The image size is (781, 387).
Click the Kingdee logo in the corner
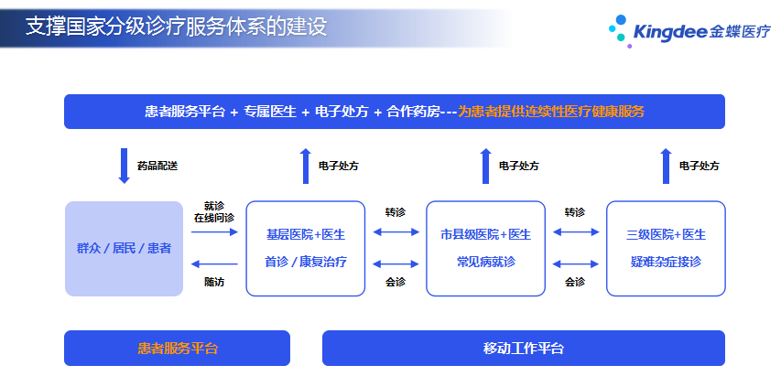pyautogui.click(x=689, y=31)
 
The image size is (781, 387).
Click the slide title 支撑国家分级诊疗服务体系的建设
pyautogui.click(x=177, y=27)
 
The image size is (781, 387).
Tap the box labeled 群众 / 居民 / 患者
pyautogui.click(x=124, y=249)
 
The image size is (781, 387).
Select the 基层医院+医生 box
pyautogui.click(x=306, y=249)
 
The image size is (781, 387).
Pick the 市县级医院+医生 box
pyautogui.click(x=485, y=249)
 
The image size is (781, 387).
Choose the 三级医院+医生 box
pyautogui.click(x=666, y=249)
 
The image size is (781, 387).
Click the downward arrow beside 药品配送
pyautogui.click(x=124, y=167)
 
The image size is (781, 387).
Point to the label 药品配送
pyautogui.click(x=157, y=167)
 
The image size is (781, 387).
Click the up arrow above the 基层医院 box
pyautogui.click(x=306, y=167)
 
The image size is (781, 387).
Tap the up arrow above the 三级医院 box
pyautogui.click(x=666, y=167)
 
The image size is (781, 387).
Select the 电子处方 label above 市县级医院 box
pyautogui.click(x=519, y=167)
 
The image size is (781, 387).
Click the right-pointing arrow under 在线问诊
pyautogui.click(x=214, y=231)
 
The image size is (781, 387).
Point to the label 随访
pyautogui.click(x=214, y=282)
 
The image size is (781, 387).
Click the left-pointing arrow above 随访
pyautogui.click(x=214, y=264)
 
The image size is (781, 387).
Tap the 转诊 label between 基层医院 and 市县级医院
pyautogui.click(x=395, y=212)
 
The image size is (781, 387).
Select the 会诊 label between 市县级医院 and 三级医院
pyautogui.click(x=575, y=282)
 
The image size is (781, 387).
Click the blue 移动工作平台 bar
pyautogui.click(x=524, y=349)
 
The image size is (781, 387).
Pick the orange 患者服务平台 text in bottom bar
pyautogui.click(x=178, y=349)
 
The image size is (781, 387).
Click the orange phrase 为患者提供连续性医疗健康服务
pyautogui.click(x=551, y=112)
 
